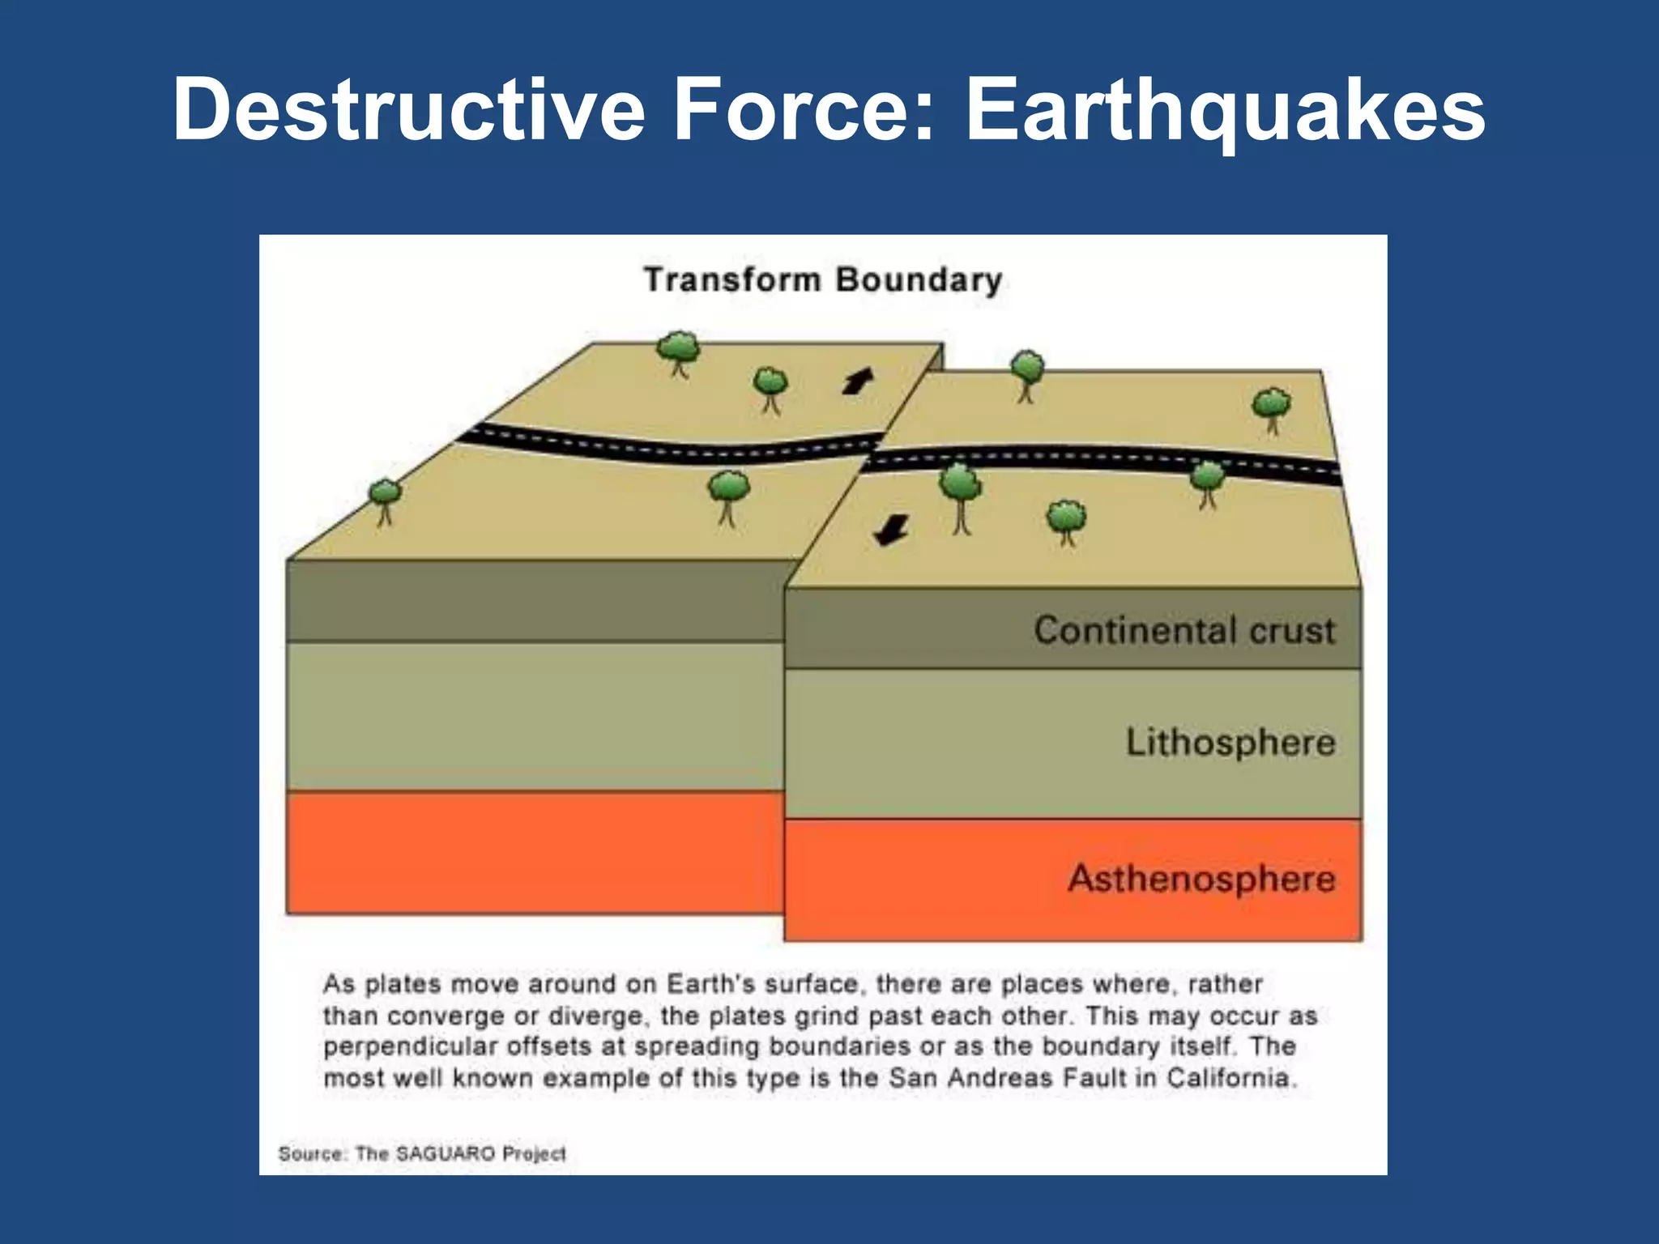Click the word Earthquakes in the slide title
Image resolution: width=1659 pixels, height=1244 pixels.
[x=1225, y=109]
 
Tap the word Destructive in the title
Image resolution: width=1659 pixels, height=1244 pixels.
[x=409, y=109]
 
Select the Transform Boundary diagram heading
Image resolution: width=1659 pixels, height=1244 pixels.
[x=823, y=280]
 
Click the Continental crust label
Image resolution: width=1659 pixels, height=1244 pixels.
[x=1183, y=630]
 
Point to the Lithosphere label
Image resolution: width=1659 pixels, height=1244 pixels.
[x=1230, y=742]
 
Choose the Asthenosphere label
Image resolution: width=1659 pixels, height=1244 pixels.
[x=1201, y=879]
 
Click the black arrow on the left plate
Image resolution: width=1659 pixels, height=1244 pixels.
[x=858, y=381]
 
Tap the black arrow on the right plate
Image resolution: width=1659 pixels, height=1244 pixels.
[x=891, y=530]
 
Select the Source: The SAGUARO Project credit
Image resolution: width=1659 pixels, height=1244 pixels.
[x=421, y=1153]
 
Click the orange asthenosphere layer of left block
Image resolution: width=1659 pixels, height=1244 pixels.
[x=535, y=852]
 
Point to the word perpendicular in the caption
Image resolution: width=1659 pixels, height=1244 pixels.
[x=409, y=1046]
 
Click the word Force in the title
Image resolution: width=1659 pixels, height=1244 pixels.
[x=804, y=109]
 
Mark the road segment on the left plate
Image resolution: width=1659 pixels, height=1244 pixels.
[x=664, y=448]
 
